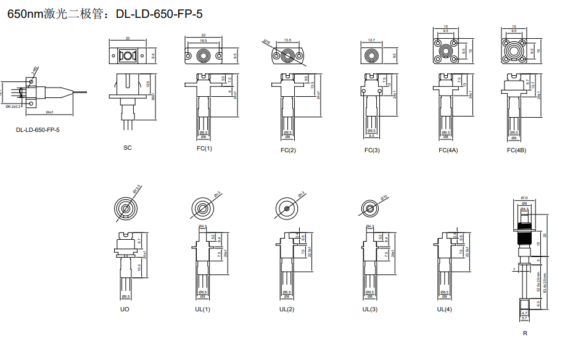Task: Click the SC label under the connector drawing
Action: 127,147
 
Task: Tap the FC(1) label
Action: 204,149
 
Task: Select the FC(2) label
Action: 287,150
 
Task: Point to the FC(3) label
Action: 372,150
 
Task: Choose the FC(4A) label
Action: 448,150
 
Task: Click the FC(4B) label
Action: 516,150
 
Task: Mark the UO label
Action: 125,309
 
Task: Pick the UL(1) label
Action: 202,309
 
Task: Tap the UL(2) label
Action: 286,309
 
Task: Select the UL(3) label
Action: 369,309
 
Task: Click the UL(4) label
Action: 444,309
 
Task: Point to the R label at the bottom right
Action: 525,333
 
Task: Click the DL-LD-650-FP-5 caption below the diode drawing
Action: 38,130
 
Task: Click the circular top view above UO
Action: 126,208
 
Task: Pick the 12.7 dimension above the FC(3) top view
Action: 371,40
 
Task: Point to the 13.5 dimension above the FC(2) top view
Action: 287,40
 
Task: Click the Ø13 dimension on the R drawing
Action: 525,197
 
